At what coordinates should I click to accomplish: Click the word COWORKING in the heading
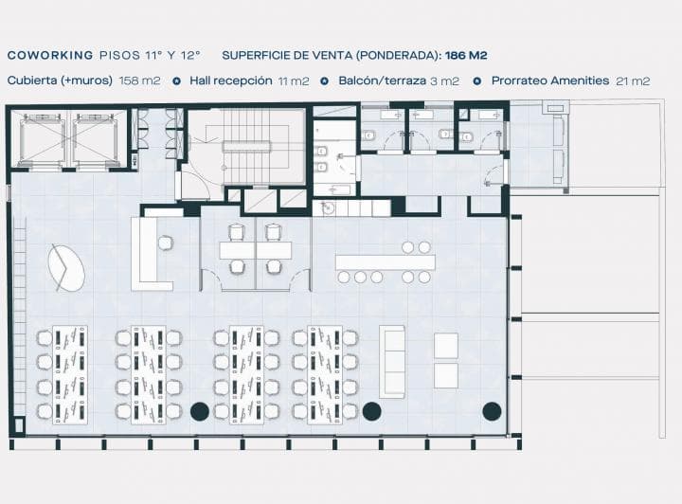click(50, 55)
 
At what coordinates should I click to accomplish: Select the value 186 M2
click(466, 55)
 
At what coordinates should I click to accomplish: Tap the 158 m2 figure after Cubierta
click(139, 81)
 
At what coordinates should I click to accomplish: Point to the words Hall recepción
click(231, 81)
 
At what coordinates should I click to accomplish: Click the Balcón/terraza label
click(383, 81)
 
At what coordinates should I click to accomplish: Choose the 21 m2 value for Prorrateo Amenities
click(633, 81)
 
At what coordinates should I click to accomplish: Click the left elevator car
click(42, 139)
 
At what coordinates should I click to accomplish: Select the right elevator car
click(95, 139)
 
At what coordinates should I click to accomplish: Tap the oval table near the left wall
click(66, 268)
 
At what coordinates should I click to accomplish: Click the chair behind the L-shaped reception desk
click(165, 243)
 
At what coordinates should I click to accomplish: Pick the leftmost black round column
click(200, 411)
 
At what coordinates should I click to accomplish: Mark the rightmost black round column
click(492, 411)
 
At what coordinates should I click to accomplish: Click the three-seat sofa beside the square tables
click(392, 361)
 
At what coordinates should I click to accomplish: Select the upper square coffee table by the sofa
click(446, 346)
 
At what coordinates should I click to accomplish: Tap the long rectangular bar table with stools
click(385, 262)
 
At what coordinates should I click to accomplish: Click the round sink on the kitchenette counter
click(327, 208)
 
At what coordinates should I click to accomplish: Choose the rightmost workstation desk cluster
click(325, 375)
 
